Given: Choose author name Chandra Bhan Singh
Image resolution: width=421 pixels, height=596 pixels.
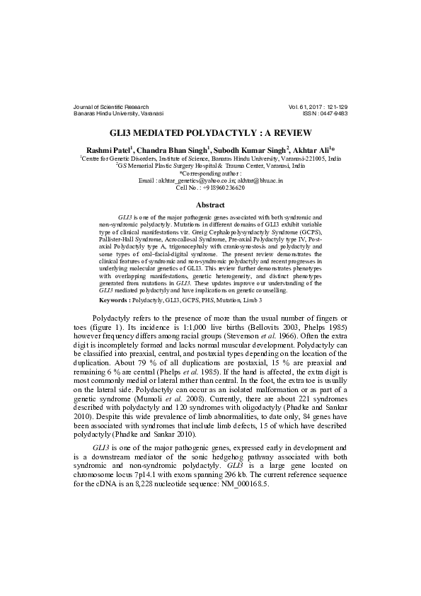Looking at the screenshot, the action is [x=171, y=151].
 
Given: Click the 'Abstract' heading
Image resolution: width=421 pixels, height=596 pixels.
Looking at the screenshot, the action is [x=210, y=205].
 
